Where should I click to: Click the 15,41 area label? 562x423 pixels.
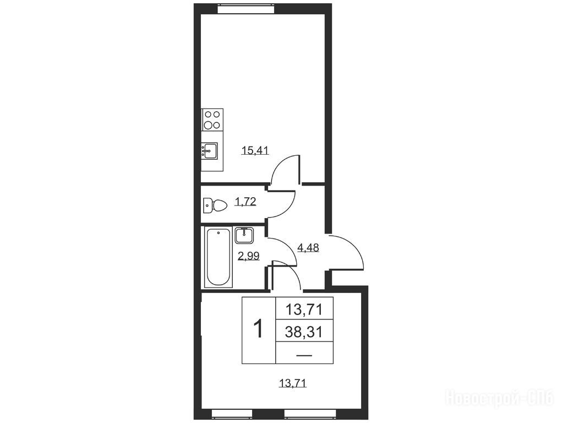[x=255, y=151]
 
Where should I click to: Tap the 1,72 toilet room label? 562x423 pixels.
[x=245, y=202]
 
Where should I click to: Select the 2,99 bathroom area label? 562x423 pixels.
[x=249, y=256]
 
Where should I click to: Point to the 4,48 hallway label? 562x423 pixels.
[x=308, y=247]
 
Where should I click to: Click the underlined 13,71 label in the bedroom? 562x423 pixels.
[x=292, y=384]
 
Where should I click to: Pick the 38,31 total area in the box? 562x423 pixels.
[x=304, y=332]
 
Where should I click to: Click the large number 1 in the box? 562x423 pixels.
[x=258, y=329]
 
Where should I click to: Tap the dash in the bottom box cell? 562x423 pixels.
[x=304, y=355]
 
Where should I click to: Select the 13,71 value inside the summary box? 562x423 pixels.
[x=304, y=310]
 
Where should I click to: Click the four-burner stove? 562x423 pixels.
[x=212, y=120]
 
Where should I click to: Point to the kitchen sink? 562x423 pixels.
[x=209, y=151]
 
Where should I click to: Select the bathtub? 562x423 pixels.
[x=219, y=257]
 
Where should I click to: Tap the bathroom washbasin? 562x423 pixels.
[x=245, y=236]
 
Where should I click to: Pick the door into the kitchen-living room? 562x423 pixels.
[x=285, y=169]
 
